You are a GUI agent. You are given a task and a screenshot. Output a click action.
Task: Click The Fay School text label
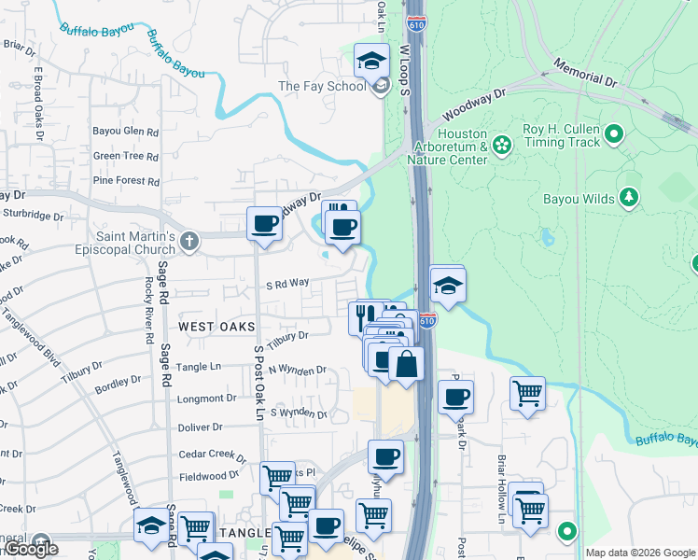(x=322, y=87)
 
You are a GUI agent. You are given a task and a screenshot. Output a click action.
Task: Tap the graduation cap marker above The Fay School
(x=371, y=62)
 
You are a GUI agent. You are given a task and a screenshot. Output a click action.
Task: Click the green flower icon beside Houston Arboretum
(x=502, y=145)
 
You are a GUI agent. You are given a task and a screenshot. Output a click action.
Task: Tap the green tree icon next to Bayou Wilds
(x=630, y=197)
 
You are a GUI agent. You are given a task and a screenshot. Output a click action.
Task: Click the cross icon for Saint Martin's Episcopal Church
(x=188, y=243)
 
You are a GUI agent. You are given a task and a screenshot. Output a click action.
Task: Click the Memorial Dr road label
(x=585, y=75)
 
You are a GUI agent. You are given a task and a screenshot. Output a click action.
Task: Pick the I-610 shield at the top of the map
(x=417, y=22)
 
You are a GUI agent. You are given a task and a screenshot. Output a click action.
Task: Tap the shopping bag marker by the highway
(x=407, y=363)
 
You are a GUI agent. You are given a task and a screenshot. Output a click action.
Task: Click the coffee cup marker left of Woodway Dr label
(x=265, y=224)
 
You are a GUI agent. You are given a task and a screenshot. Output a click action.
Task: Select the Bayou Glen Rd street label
(x=126, y=132)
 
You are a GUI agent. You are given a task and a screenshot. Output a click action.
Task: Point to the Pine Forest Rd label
(x=126, y=180)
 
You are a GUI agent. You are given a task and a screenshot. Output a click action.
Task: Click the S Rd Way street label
(x=287, y=284)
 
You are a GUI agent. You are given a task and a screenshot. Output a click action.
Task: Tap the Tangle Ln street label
(x=200, y=367)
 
